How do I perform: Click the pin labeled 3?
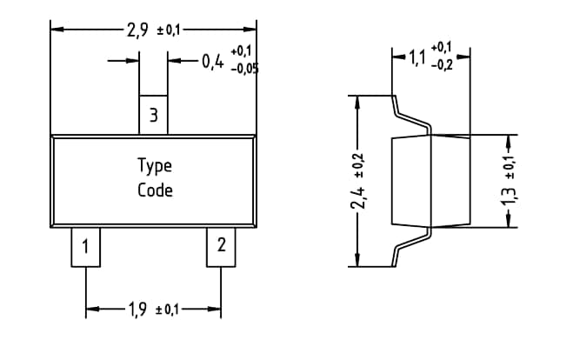(153, 115)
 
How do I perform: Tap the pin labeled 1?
(84, 246)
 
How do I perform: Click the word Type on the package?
(155, 165)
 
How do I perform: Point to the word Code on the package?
(155, 190)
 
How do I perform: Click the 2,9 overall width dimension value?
(137, 30)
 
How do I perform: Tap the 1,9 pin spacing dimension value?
(136, 310)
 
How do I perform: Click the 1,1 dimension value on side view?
(417, 58)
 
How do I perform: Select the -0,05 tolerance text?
(244, 69)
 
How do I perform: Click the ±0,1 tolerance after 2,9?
(168, 31)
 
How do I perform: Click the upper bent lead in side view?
(409, 115)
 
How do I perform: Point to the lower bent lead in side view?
(409, 245)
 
